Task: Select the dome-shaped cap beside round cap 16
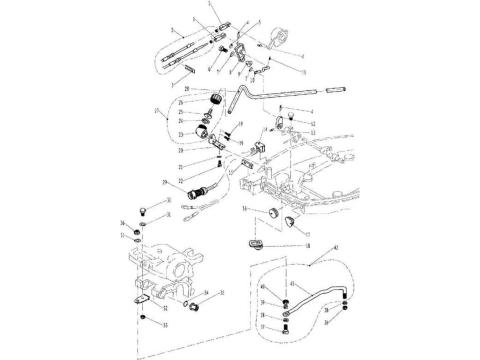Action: coord(290,221)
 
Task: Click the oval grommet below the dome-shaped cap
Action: coord(253,241)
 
